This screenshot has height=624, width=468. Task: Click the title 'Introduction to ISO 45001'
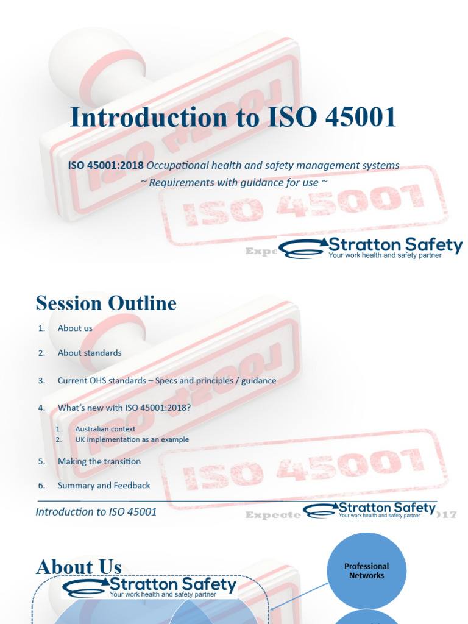233,118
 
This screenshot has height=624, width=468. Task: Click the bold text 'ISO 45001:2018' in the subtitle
105,165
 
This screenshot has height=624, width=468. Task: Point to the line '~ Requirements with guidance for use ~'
234,182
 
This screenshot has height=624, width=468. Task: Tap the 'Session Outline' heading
106,303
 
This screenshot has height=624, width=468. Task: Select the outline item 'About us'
75,328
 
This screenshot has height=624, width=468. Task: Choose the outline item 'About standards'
90,353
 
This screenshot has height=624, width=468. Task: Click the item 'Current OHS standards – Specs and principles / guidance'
167,380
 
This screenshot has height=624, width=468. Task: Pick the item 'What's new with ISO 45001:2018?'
124,407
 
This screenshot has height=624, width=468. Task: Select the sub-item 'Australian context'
105,429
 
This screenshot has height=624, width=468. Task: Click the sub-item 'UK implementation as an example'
132,439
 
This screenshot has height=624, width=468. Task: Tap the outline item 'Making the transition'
99,461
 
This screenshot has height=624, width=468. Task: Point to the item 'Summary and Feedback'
104,485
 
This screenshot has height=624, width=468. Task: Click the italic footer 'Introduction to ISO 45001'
96,512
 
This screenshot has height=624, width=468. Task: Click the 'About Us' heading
79,567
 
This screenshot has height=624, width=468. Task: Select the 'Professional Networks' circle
366,571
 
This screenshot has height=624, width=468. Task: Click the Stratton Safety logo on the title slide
370,248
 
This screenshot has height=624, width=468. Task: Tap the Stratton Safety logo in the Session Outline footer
370,510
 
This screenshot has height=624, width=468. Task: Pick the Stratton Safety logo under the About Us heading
149,587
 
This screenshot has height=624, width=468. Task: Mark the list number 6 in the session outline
41,485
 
